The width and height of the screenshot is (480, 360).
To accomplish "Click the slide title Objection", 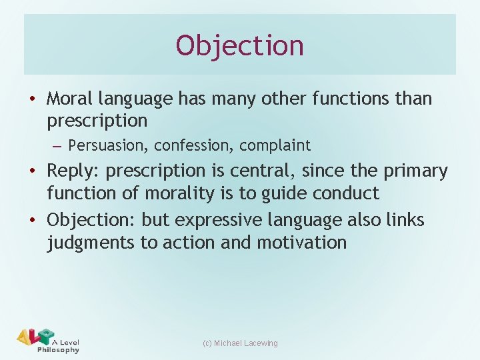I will pyautogui.click(x=240, y=45).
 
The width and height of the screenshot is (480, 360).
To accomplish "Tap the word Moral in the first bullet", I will pyautogui.click(x=70, y=99).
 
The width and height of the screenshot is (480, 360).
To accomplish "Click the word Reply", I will pyautogui.click(x=73, y=171).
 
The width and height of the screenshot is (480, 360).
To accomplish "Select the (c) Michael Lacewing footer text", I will pyautogui.click(x=240, y=343).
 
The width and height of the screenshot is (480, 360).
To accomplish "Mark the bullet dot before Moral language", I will pyautogui.click(x=33, y=99).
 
